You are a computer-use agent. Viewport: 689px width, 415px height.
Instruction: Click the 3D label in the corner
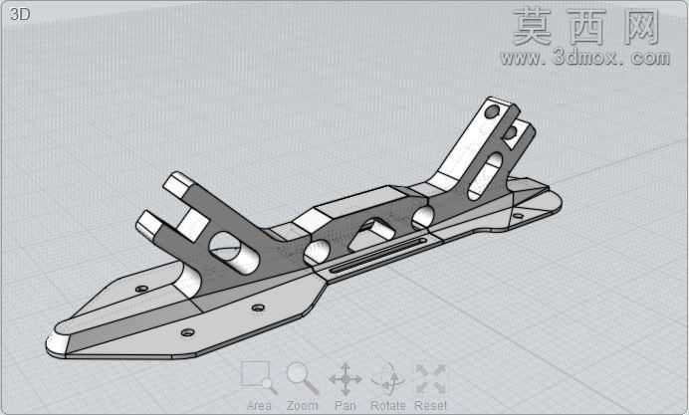19,15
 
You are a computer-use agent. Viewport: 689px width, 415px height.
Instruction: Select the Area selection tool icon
259,377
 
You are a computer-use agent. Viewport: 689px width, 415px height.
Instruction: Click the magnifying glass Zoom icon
303,378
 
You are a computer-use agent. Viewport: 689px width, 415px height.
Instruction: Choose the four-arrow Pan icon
345,379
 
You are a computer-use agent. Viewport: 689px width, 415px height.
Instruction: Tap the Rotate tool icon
388,378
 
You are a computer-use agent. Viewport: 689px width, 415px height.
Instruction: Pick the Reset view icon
430,378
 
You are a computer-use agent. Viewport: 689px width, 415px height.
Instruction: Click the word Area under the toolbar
259,405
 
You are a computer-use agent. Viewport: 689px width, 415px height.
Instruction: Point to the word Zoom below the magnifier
303,405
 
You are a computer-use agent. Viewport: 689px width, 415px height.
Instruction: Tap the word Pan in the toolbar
345,405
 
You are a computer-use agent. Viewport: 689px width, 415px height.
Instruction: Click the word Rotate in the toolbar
388,405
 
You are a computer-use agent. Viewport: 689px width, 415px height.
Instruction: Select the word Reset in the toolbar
430,405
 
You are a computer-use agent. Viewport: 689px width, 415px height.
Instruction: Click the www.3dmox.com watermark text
585,58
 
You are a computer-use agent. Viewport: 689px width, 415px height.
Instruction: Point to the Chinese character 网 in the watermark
641,27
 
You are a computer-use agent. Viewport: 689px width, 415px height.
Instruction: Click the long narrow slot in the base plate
378,255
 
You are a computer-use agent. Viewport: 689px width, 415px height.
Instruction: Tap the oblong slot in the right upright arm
485,176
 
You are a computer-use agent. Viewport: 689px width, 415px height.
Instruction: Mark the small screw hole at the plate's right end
519,216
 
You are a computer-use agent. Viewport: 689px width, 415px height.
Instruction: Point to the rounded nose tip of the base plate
55,342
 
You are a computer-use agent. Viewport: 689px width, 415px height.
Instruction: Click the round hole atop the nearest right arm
492,111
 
